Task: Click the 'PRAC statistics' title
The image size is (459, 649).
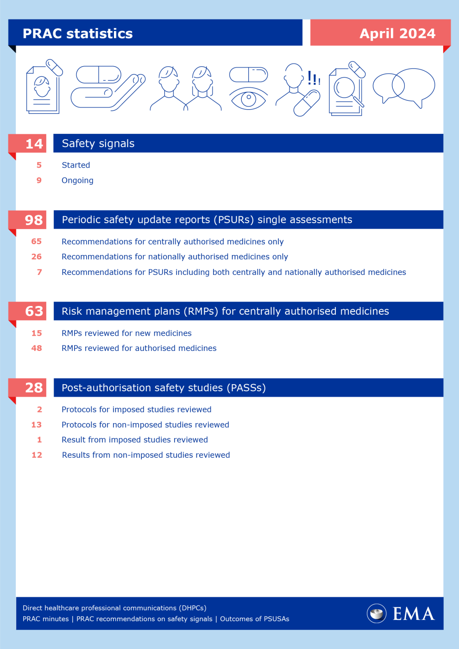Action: tap(77, 33)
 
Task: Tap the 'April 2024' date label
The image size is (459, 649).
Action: tap(397, 33)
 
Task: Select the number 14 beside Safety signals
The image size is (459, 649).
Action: tap(34, 144)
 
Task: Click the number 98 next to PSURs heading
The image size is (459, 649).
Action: tap(34, 220)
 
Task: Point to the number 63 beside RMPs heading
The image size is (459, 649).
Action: tap(34, 311)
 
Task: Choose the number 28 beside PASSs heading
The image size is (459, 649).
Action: tap(34, 387)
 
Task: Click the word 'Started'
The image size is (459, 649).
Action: tap(76, 165)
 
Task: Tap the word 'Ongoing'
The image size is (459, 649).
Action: tap(77, 181)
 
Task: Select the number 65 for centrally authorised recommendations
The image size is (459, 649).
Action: tap(37, 242)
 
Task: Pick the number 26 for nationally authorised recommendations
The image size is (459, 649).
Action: tap(37, 256)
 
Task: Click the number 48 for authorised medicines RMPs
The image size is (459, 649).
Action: tap(37, 348)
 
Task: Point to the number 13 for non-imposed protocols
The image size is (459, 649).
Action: tap(37, 424)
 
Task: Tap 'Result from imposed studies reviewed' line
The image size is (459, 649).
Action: tap(135, 440)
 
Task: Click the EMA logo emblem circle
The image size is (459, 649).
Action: tap(377, 613)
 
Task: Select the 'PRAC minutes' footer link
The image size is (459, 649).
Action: tap(45, 619)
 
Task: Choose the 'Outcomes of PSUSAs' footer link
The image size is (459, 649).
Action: tap(254, 619)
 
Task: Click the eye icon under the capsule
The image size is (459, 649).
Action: tap(249, 98)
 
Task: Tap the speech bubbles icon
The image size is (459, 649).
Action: tap(404, 87)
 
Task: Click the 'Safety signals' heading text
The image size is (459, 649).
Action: tap(98, 144)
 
